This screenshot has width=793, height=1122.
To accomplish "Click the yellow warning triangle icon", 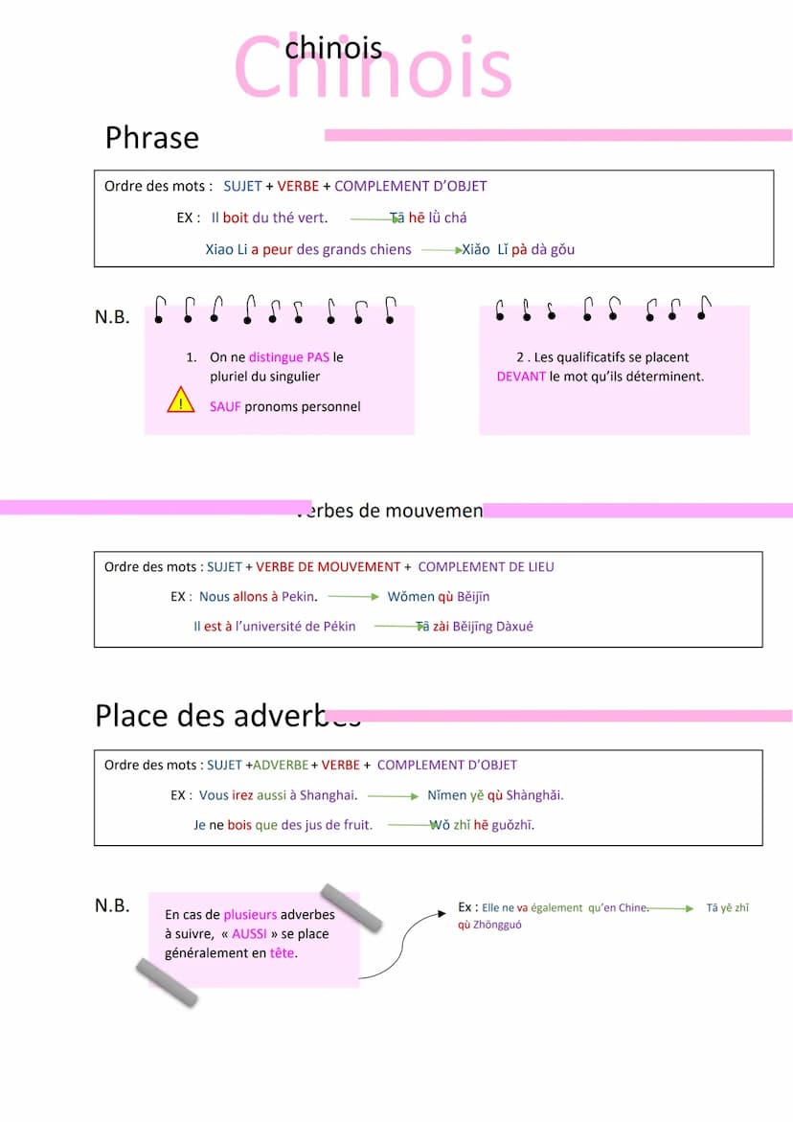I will (180, 401).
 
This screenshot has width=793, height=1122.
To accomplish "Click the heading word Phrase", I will (152, 138).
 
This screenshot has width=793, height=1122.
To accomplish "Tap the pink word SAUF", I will (225, 407).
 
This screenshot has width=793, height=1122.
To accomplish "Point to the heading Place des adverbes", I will (227, 716).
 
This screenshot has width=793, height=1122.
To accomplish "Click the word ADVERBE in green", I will (281, 766).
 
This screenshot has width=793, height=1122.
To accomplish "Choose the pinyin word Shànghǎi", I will (534, 795).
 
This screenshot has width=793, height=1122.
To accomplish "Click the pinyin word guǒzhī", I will (513, 825).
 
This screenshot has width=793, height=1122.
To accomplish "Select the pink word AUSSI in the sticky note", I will (249, 934).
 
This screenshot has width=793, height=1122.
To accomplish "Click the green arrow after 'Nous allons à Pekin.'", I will (353, 597).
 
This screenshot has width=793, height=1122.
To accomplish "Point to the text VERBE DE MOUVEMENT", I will (328, 567).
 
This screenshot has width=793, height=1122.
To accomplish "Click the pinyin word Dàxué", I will (513, 627).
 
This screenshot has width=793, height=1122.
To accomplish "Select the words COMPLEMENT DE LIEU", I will (486, 567).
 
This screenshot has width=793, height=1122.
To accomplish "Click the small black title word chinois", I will (333, 48).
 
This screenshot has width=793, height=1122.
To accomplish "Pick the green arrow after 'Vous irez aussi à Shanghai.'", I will (393, 796).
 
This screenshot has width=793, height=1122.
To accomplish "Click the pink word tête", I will (282, 953).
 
